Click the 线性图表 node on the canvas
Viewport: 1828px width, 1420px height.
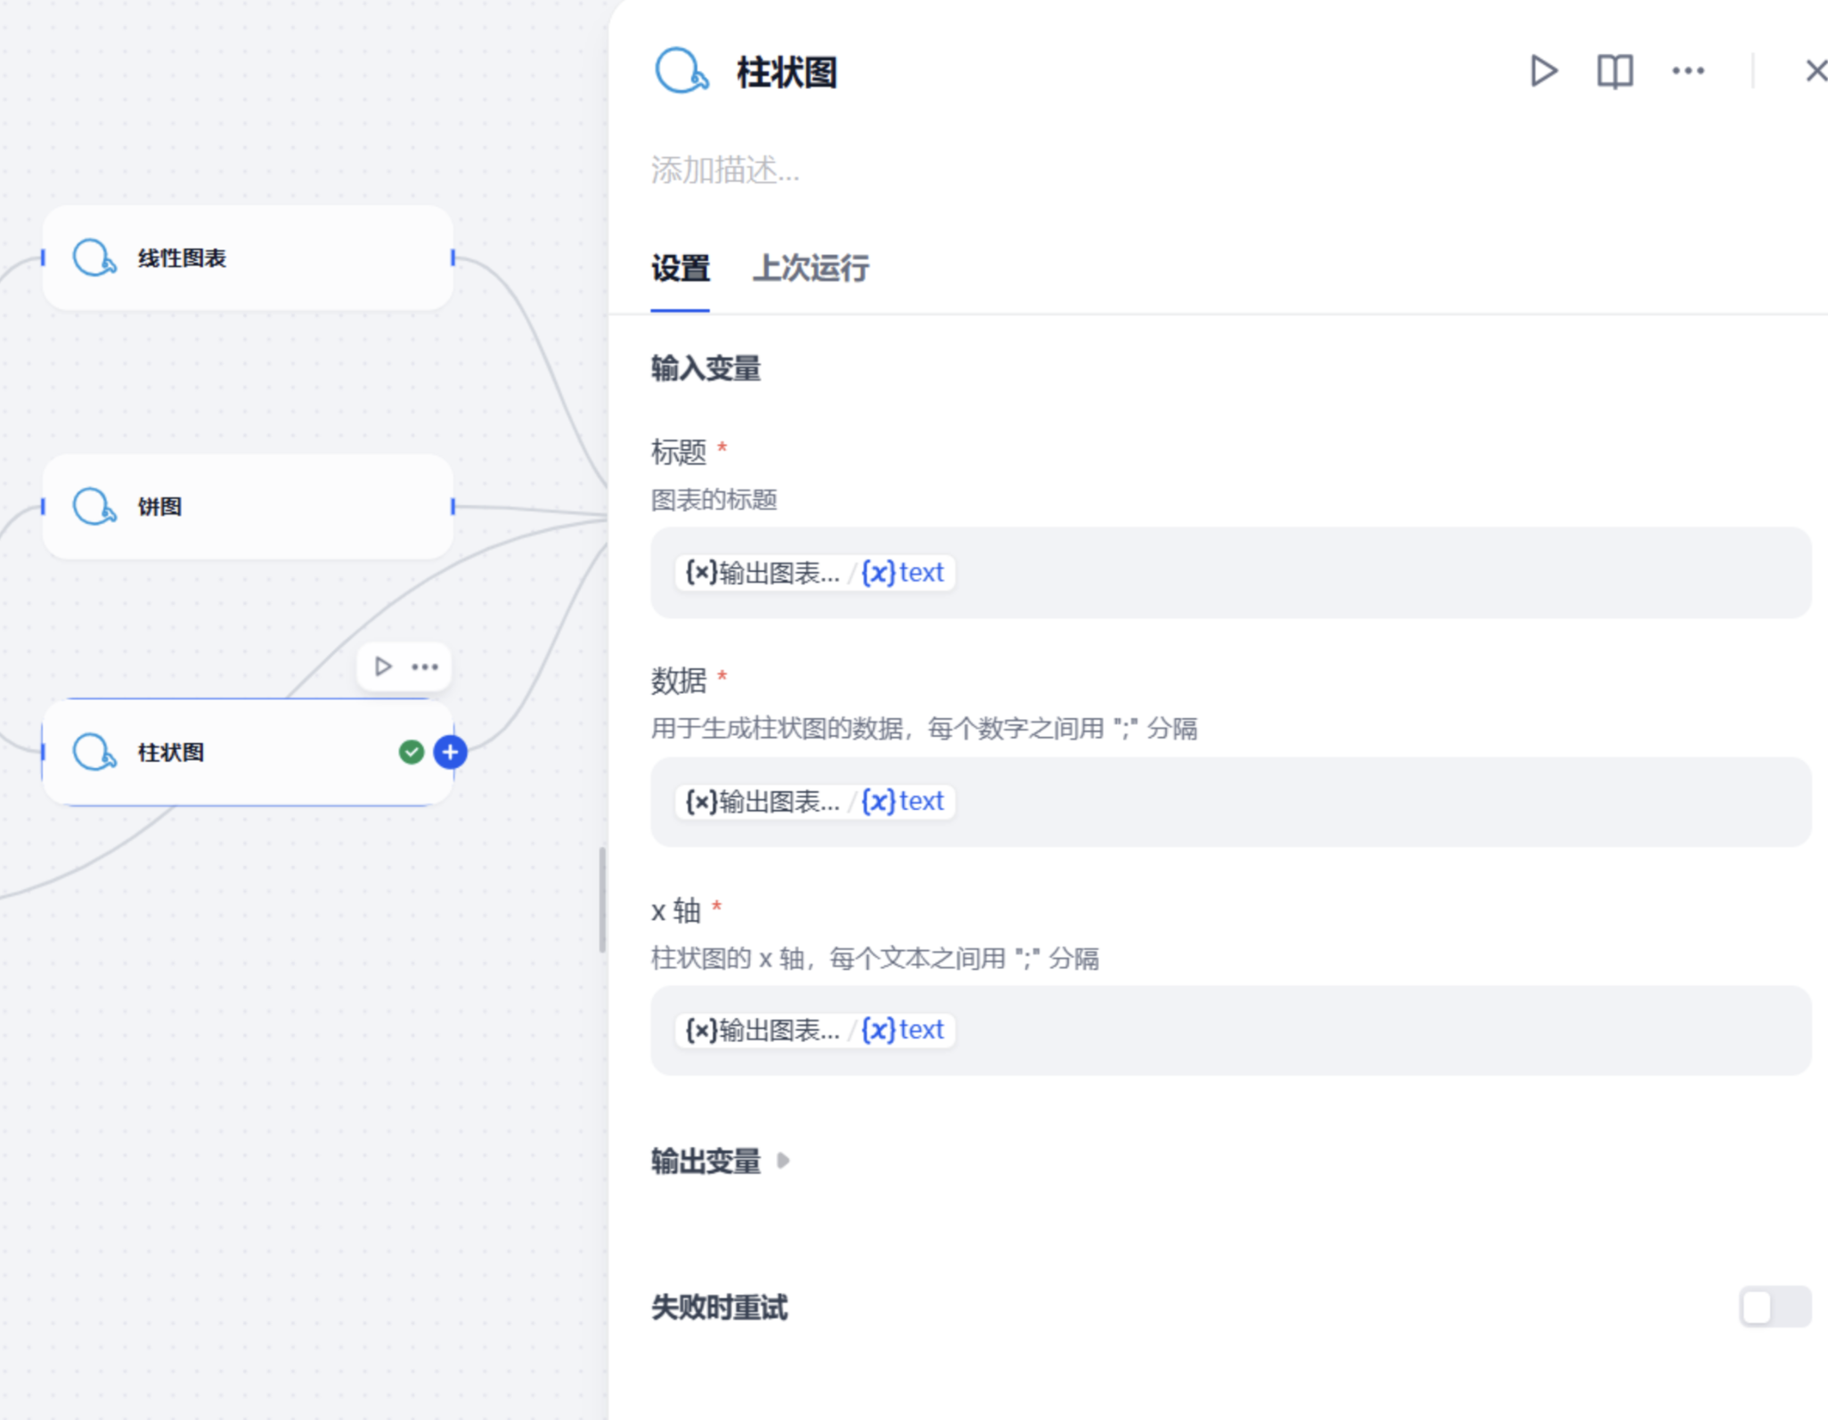point(248,258)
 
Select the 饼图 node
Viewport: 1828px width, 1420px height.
point(248,507)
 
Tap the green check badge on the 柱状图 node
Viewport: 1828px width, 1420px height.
point(411,753)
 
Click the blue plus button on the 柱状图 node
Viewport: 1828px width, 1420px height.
point(451,753)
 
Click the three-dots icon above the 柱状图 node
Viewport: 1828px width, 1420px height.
point(425,667)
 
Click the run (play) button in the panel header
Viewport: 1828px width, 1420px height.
point(1544,71)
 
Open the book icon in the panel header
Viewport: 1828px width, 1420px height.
point(1615,71)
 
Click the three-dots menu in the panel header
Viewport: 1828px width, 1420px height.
point(1688,71)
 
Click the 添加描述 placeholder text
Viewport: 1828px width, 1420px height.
point(725,170)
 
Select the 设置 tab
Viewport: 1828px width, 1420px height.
point(681,268)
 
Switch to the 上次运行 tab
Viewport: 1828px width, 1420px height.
point(811,268)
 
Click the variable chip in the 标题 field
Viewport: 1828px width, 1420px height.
point(815,573)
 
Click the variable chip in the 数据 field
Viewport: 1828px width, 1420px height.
point(815,802)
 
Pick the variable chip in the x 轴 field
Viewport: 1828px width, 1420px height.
point(815,1031)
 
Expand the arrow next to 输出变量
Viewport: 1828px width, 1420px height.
point(783,1161)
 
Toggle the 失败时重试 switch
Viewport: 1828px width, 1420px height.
point(1775,1308)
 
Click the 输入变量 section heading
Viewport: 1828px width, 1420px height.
point(706,369)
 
